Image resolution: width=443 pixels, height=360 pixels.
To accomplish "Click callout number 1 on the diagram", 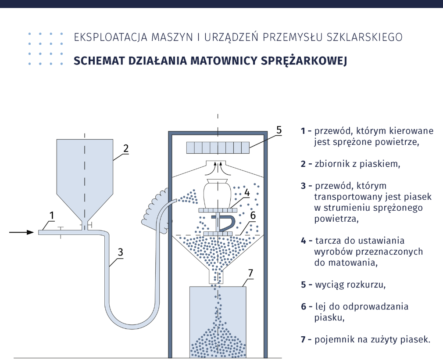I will coord(52,215).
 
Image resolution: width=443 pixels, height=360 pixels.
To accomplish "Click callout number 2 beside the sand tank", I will coord(125,148).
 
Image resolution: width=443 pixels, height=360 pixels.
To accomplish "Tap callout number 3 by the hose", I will coord(120,252).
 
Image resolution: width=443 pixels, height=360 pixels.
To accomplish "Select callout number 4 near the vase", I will coord(247,192).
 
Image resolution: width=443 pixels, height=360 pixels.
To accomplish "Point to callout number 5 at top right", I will coord(279,130).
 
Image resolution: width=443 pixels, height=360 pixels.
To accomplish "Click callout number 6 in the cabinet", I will coord(253,215).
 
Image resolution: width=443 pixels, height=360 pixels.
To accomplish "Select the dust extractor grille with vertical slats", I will coord(218,148).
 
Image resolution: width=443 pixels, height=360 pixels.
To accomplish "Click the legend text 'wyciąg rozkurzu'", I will coord(350,284).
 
